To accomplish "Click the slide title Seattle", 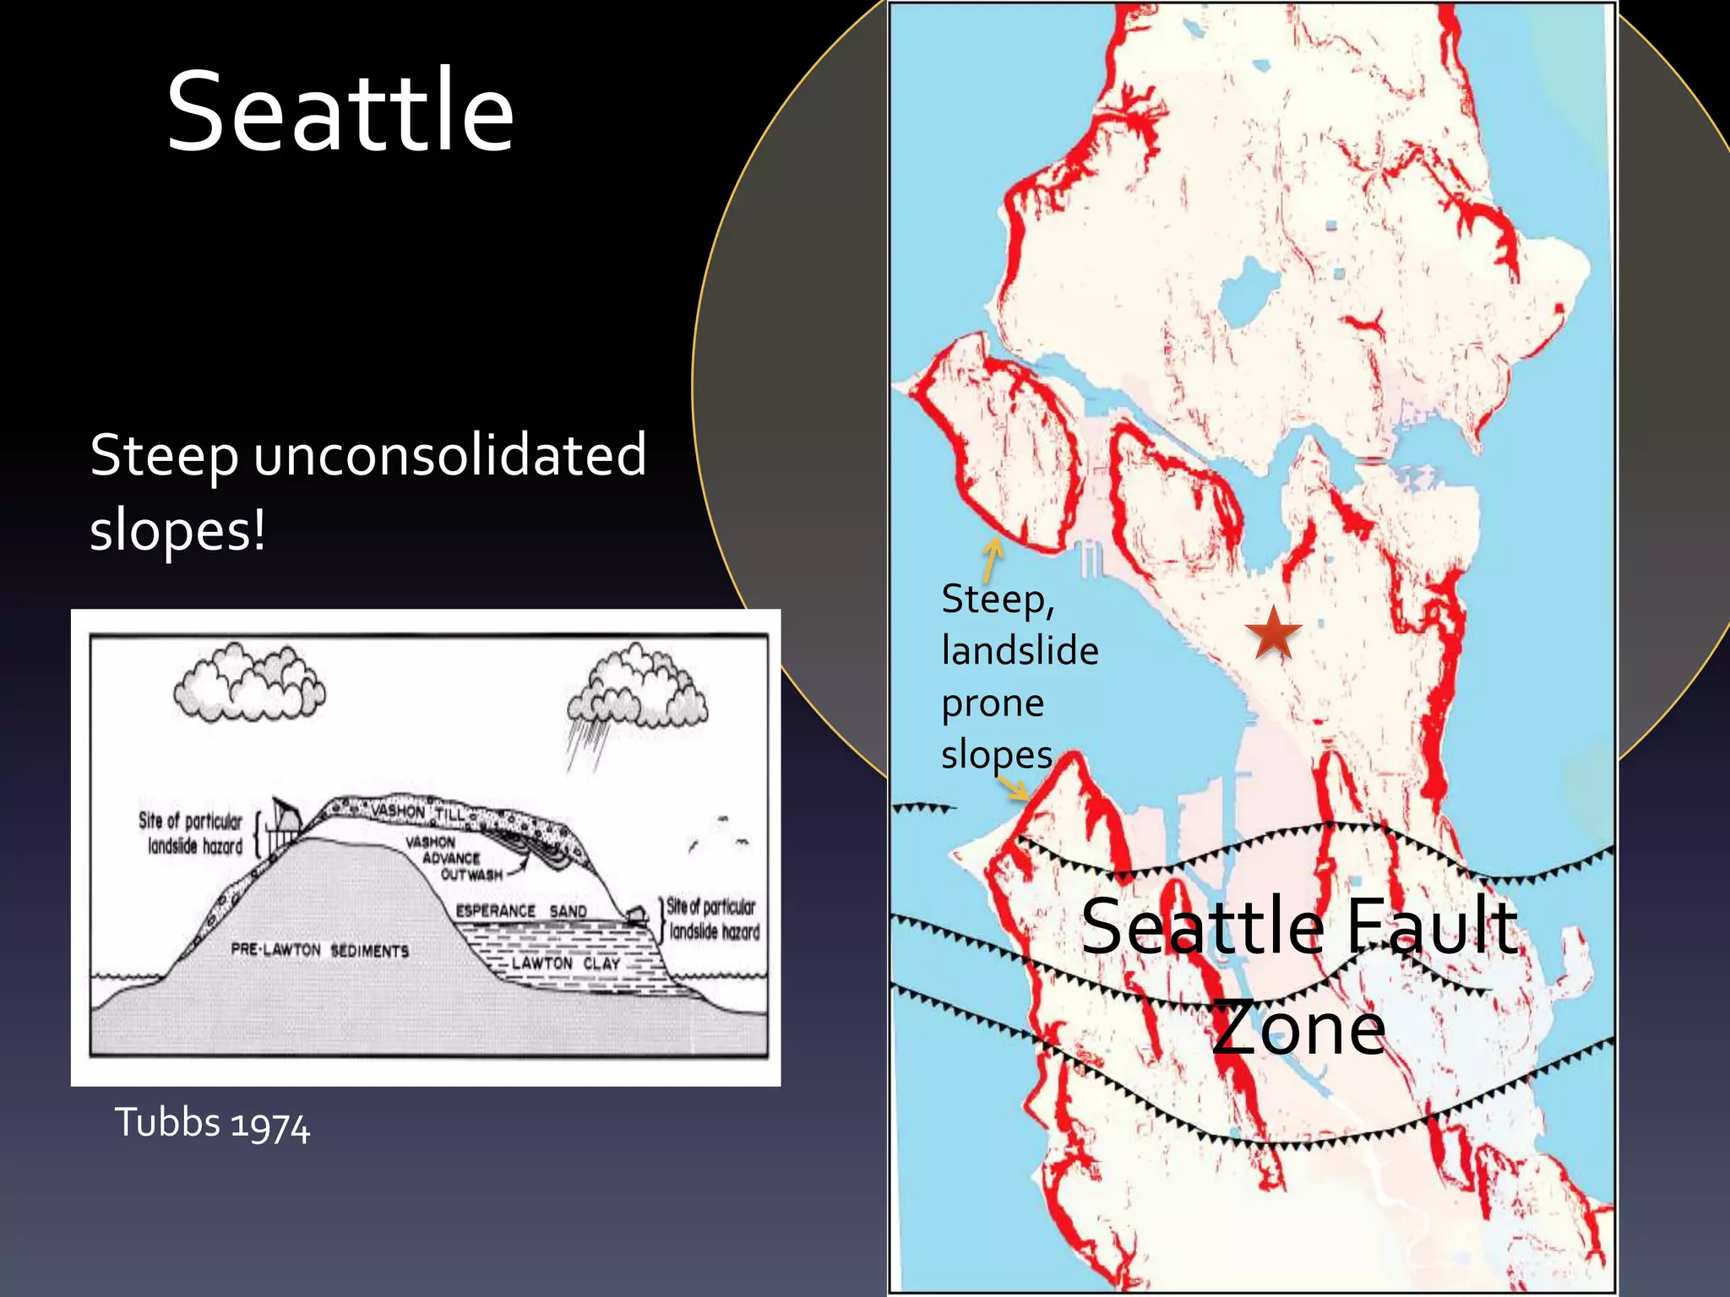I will click(x=340, y=112).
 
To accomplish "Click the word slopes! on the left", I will click(x=177, y=531).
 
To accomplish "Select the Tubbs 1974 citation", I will click(x=212, y=1124).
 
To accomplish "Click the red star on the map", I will click(x=1273, y=633).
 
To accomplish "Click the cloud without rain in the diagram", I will click(x=249, y=683).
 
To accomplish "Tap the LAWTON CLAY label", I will click(x=566, y=963).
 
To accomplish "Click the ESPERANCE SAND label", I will click(x=521, y=911).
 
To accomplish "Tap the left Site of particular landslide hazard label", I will click(x=192, y=833).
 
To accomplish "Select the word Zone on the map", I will click(x=1299, y=1028).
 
